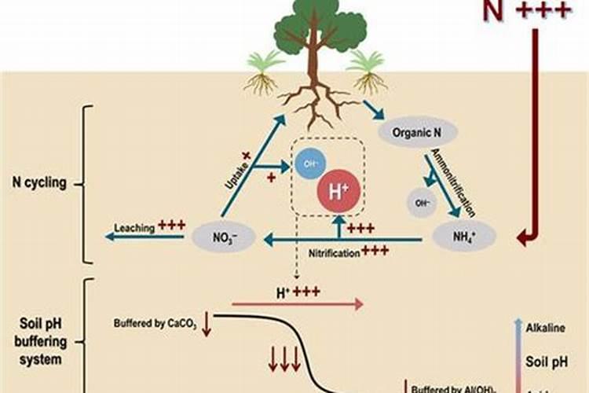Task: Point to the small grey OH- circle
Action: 422,203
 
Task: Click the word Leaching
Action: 134,229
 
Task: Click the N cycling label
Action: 38,184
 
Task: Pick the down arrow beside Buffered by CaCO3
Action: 207,323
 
